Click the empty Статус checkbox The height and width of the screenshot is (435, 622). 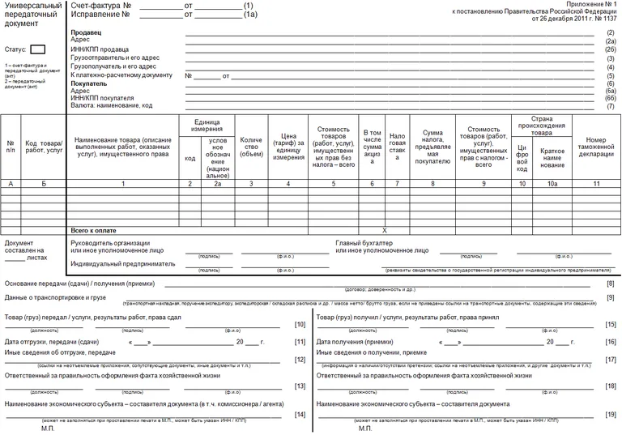37,49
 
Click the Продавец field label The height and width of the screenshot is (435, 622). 86,32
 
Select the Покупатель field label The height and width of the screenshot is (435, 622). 88,83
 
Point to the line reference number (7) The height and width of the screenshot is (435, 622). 611,106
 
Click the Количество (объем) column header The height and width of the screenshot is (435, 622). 251,147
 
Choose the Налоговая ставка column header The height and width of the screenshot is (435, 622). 397,147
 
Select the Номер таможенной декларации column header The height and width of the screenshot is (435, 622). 596,147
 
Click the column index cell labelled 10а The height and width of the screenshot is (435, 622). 552,184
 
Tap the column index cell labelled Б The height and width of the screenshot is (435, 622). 44,184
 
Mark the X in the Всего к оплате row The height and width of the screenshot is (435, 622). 385,230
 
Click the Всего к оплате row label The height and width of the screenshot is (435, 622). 95,230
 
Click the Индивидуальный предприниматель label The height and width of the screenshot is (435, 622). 122,263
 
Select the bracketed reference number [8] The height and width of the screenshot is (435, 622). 611,283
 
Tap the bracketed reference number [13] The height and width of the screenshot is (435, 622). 300,386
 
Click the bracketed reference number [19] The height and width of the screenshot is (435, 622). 611,414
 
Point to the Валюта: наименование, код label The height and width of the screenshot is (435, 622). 112,105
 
